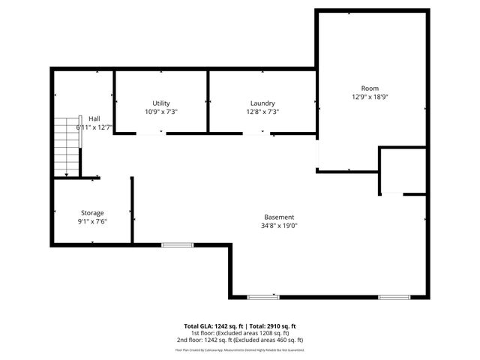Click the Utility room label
161,103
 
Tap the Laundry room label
262,103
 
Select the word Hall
94,118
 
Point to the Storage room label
92,213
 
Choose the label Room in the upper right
370,88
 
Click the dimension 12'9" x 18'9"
370,97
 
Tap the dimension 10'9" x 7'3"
161,112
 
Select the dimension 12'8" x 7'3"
262,112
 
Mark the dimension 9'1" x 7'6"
92,222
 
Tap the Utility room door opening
151,133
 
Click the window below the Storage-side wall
177,244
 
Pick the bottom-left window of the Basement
263,297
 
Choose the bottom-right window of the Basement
394,297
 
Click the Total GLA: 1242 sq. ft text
213,326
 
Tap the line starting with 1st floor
239,333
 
